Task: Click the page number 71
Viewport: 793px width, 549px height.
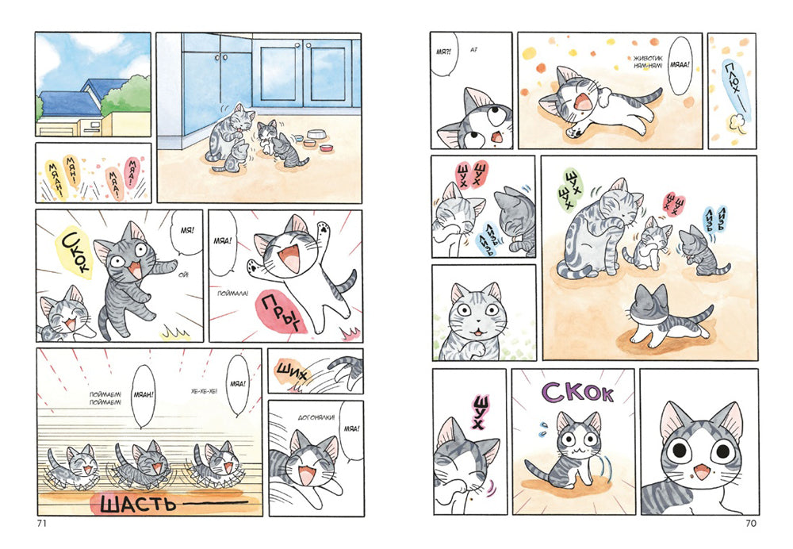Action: (x=43, y=523)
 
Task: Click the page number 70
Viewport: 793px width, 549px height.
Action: (x=751, y=523)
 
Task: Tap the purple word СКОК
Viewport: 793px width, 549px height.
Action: (x=578, y=393)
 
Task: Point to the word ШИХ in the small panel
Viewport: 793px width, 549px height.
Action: (x=291, y=368)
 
